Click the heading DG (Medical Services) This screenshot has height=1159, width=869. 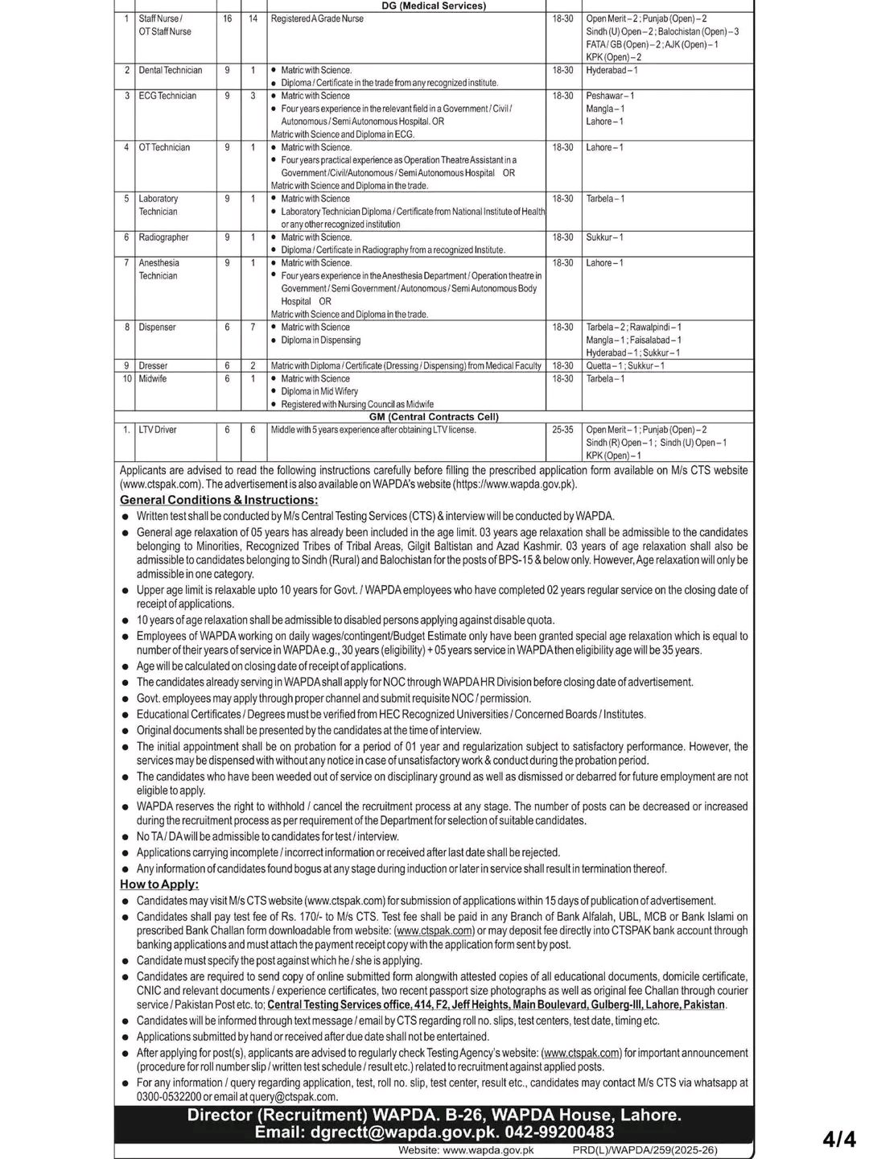(x=434, y=6)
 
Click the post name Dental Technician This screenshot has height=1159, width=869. (x=170, y=70)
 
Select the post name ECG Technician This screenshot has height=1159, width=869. (x=167, y=96)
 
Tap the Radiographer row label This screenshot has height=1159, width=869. (x=163, y=237)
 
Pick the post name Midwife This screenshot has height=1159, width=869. (x=152, y=378)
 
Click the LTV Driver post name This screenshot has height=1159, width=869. (x=157, y=430)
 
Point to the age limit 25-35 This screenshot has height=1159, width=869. (x=562, y=430)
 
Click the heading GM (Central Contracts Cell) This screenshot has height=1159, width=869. (x=434, y=417)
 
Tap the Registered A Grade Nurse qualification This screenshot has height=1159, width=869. (x=317, y=19)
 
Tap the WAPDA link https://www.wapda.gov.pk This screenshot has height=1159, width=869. (x=514, y=484)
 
